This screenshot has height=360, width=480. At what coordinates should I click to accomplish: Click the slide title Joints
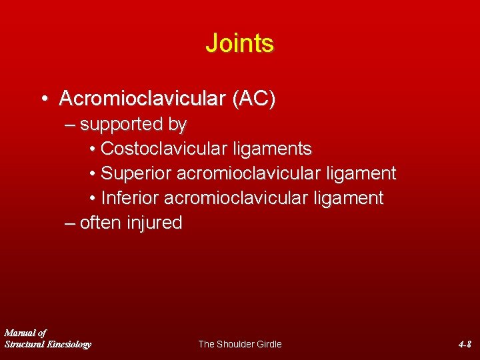239,43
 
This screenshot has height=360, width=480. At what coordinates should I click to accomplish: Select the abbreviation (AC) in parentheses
253,99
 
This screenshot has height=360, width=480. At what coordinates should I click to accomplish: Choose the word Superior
135,173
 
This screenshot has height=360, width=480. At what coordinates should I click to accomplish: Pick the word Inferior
130,198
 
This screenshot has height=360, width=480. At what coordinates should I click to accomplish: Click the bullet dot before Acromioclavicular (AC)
43,99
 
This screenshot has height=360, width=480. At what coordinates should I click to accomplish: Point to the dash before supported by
70,125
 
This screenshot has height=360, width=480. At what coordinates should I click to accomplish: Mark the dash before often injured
70,223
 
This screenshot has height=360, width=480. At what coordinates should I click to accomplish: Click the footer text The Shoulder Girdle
240,344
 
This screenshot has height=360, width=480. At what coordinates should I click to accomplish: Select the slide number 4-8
465,344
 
